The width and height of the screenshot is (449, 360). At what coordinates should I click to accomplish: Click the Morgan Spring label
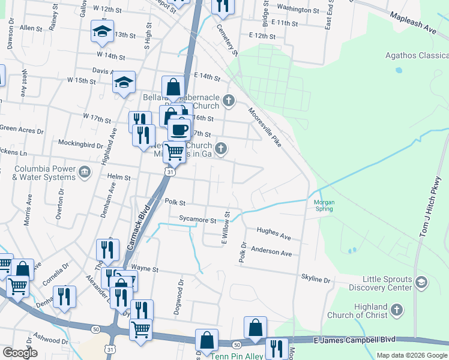pos(324,206)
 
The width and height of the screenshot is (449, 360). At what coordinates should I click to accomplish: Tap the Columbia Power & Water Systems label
pos(40,173)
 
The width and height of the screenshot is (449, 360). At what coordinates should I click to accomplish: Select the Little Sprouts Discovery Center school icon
pos(422,282)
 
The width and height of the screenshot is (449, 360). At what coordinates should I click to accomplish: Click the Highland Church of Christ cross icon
pos(396,310)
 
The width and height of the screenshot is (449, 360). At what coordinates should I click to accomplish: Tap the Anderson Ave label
pos(271,251)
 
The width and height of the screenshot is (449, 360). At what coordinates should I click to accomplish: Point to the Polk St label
pos(174,203)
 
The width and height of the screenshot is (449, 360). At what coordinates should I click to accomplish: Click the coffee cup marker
pos(178,129)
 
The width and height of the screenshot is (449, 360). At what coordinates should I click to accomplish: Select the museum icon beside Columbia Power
pos(85,173)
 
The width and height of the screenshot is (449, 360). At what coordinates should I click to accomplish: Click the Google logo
pos(20,353)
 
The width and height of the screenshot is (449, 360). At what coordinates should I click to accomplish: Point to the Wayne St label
pos(143,269)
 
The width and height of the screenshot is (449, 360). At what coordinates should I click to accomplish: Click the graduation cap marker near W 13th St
pos(102,32)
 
